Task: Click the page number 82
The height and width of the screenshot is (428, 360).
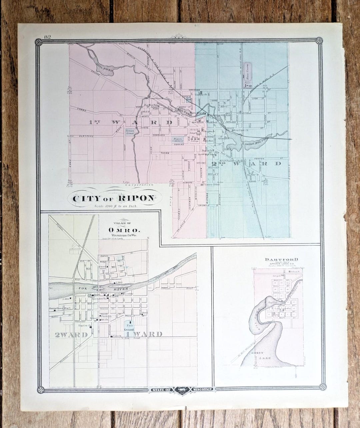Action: (x=47, y=37)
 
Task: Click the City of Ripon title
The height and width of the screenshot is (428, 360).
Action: (x=113, y=199)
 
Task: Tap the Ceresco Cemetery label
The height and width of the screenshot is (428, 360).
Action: (x=132, y=132)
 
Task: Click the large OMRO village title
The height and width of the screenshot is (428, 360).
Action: (x=124, y=230)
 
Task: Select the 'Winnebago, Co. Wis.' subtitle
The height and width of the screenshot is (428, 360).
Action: (x=124, y=235)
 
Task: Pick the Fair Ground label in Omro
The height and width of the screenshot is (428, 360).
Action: (x=129, y=327)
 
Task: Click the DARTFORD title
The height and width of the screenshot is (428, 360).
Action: (x=277, y=259)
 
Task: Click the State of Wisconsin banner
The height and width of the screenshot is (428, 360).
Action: (x=182, y=389)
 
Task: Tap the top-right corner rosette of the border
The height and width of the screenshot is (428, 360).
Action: (x=319, y=41)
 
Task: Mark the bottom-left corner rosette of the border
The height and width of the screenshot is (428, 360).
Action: (x=41, y=389)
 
